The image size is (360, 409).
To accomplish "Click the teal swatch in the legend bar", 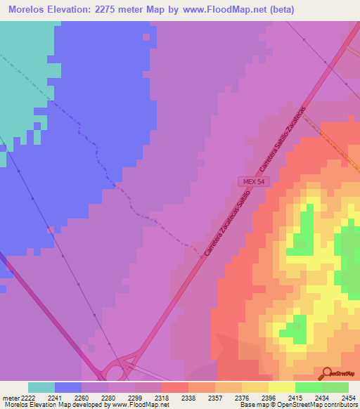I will tap(41, 387).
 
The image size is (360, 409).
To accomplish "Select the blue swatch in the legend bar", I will tap(68, 387).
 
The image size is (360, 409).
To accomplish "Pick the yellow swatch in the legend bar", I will tap(282, 387).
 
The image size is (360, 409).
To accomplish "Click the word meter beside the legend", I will tap(11, 397).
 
